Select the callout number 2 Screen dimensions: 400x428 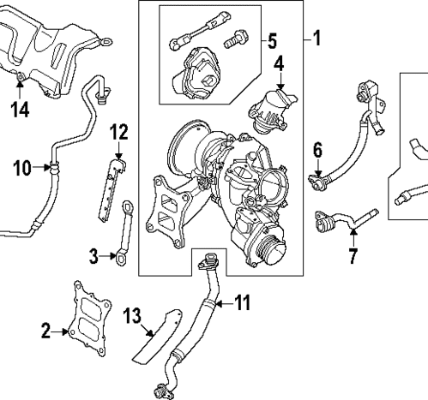click(x=46, y=327)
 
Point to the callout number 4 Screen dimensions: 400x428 click(x=279, y=64)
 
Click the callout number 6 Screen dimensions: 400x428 click(x=316, y=151)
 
